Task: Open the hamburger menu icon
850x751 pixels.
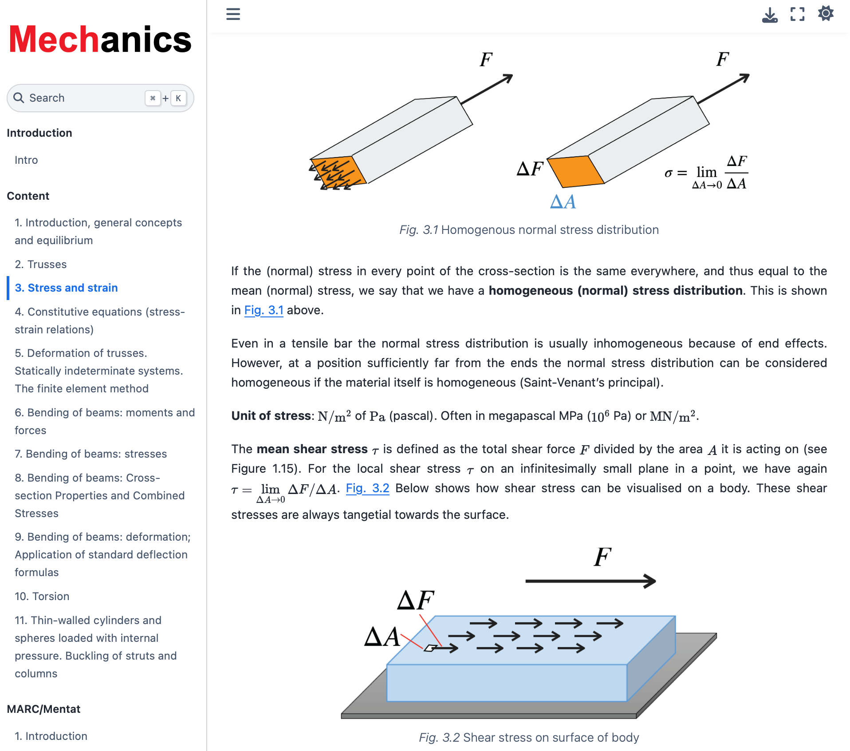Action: point(233,14)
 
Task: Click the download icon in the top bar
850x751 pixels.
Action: point(770,15)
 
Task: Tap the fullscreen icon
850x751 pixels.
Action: point(797,14)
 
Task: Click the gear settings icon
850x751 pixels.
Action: point(826,14)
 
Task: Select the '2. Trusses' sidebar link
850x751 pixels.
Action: point(40,265)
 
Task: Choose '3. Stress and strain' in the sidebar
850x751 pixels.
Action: point(66,288)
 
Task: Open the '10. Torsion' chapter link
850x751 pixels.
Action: point(42,597)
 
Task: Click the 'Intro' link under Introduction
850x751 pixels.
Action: point(26,160)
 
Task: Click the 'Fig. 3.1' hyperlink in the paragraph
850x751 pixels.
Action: point(264,310)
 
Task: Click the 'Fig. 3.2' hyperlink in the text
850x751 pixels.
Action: point(367,489)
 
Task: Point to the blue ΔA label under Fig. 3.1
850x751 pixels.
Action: point(563,202)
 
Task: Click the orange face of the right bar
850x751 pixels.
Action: point(576,171)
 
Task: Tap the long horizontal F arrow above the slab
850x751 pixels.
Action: point(590,581)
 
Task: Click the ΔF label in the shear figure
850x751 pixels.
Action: point(415,600)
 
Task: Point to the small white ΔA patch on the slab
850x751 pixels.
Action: point(430,648)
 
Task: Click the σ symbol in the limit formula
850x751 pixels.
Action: point(669,173)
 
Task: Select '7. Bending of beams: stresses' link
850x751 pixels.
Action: point(91,454)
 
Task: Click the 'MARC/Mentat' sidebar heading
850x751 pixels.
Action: point(43,709)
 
